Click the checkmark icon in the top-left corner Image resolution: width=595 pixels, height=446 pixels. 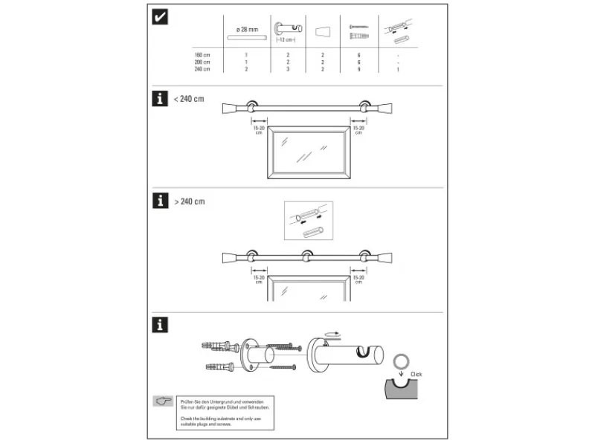(x=159, y=17)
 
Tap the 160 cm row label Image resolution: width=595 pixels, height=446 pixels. (x=202, y=56)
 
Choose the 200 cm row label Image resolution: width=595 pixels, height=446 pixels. (x=202, y=62)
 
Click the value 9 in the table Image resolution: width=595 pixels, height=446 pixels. (x=359, y=69)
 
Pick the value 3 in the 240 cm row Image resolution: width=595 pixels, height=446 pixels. (x=287, y=69)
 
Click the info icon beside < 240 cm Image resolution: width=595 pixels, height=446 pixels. (x=159, y=100)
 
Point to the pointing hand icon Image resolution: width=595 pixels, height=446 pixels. (x=163, y=401)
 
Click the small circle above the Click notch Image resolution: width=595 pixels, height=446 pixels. (x=402, y=361)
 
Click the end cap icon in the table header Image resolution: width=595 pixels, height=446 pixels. (x=322, y=32)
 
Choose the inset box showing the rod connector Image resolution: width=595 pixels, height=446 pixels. (x=308, y=221)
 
